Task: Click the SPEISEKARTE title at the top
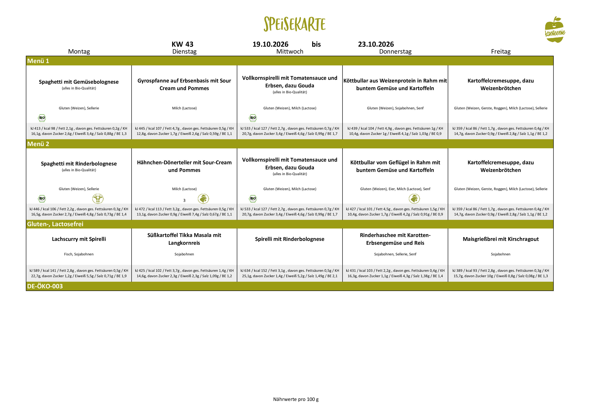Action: tap(294, 24)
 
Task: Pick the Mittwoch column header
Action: tap(290, 51)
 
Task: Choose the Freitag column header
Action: tap(501, 51)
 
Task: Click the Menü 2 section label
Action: tap(38, 144)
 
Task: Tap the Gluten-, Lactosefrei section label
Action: tap(55, 224)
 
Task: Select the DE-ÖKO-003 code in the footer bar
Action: tap(45, 286)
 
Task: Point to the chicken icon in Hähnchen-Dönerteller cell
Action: tap(203, 199)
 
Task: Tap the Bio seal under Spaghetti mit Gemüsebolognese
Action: tap(42, 118)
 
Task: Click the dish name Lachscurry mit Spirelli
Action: tap(79, 239)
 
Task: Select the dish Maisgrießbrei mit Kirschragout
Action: tap(501, 239)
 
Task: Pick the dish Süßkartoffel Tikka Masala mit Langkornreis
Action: tap(184, 239)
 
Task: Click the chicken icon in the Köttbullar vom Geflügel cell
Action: tap(414, 199)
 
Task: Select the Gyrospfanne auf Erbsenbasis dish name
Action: tap(184, 84)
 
